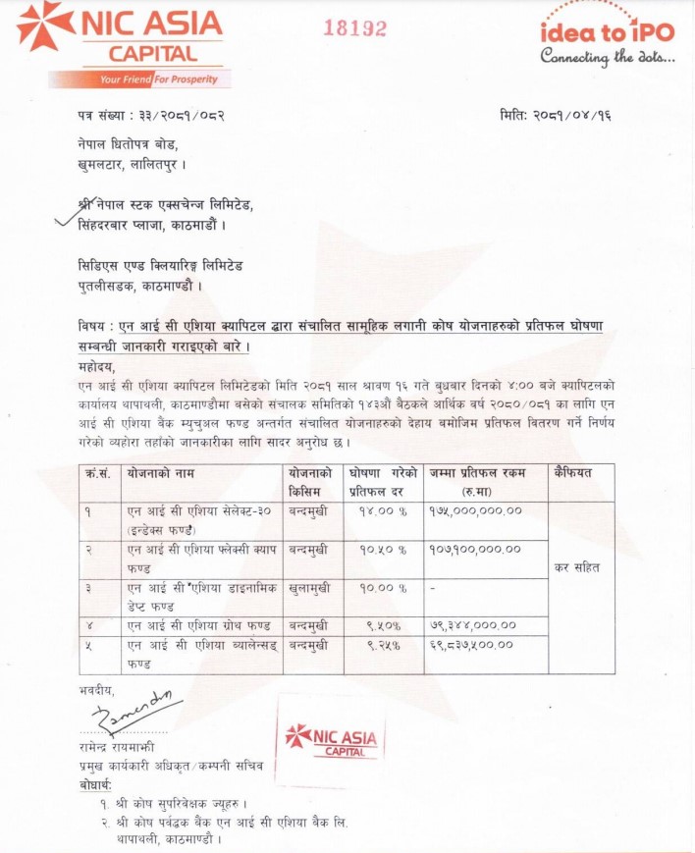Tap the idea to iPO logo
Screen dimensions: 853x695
pos(607,41)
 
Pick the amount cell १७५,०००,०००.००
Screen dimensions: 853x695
pos(476,511)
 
